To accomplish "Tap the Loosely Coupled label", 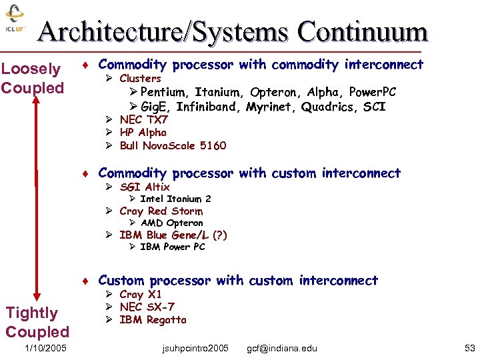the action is click(x=32, y=78).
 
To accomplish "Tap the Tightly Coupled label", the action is click(x=37, y=322).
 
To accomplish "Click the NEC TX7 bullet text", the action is click(x=143, y=120).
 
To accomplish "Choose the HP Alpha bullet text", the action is click(x=143, y=133).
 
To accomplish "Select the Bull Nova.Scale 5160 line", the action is click(x=173, y=145).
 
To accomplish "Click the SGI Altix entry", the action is click(x=144, y=187).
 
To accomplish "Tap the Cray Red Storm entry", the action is click(x=161, y=211).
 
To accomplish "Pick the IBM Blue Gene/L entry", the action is click(x=173, y=235).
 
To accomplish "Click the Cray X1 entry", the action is click(x=141, y=294).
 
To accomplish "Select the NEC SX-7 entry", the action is click(x=146, y=307).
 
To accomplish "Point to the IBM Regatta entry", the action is click(x=153, y=319).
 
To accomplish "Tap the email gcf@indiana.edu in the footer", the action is click(x=282, y=348).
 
